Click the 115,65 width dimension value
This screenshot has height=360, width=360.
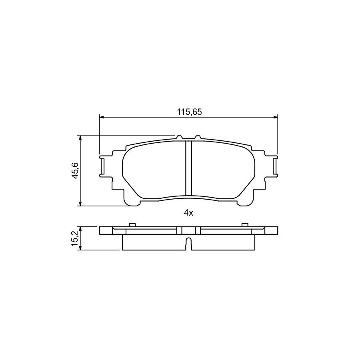189,112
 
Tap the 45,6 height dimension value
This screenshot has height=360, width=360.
75,170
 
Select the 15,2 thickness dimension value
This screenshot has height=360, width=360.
75,238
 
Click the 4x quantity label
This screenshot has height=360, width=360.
188,213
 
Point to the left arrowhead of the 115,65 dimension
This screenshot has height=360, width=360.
102,117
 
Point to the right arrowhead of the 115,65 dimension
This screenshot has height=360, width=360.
275,117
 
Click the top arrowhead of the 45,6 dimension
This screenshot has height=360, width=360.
80,138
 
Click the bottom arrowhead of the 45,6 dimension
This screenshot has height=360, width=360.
80,204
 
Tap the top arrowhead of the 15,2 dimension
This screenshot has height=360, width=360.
80,229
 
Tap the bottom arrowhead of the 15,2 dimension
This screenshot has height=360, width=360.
80,248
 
